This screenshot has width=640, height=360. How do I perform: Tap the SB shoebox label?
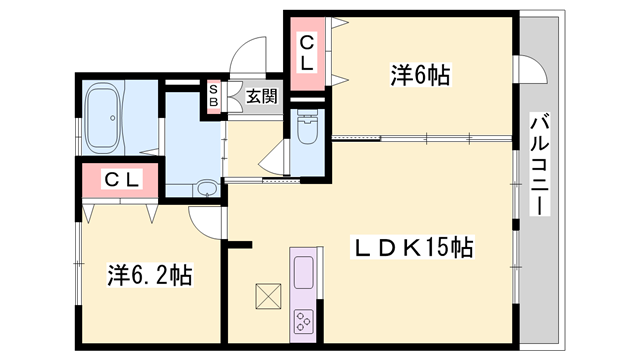[213, 97]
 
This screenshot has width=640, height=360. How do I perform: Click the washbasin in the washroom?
[206, 187]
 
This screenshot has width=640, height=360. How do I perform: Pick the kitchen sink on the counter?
[303, 269]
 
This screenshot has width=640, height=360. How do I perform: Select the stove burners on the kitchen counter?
[303, 320]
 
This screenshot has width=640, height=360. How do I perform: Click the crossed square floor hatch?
[268, 297]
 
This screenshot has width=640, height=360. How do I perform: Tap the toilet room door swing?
[275, 155]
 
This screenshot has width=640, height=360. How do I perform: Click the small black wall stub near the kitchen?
[240, 243]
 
